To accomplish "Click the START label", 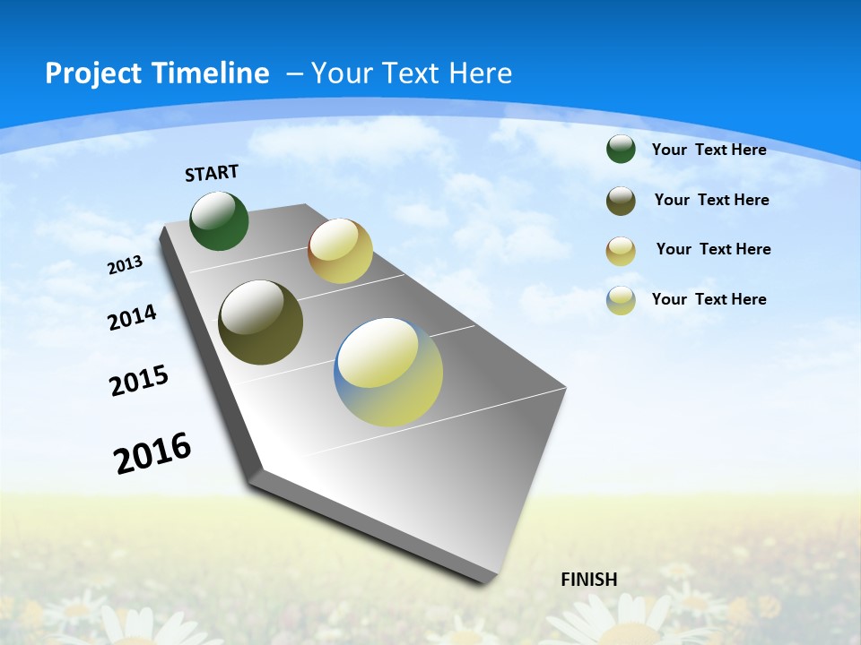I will [x=212, y=173].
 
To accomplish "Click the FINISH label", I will [x=589, y=580].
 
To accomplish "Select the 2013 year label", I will [x=126, y=265].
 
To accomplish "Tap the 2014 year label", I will [x=133, y=317].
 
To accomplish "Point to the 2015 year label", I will [x=139, y=381].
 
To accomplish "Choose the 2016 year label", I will [x=152, y=453].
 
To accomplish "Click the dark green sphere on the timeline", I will [x=220, y=221].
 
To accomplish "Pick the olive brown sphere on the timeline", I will [x=260, y=322].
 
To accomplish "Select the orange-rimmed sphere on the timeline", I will [x=340, y=251].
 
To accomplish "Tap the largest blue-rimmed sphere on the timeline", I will [x=388, y=372].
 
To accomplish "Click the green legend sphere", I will [x=621, y=149].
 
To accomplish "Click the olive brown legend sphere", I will [x=621, y=201].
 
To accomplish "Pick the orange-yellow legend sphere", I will [x=621, y=251].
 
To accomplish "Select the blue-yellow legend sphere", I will [x=621, y=300].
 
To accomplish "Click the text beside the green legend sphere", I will [x=709, y=150].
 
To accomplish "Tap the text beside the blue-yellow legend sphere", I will [x=709, y=299].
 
